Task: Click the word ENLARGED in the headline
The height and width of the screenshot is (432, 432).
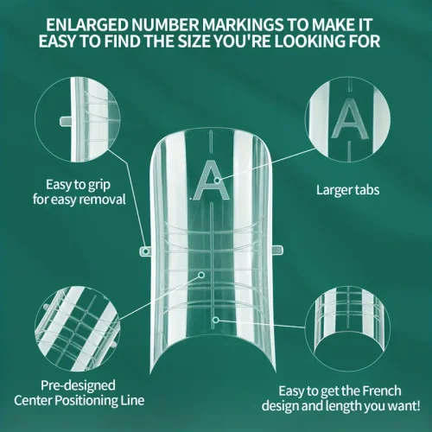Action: (87, 25)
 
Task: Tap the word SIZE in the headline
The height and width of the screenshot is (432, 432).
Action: (194, 41)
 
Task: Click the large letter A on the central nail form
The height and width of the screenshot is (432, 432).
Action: (212, 181)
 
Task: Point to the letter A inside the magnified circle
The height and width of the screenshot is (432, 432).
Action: (350, 118)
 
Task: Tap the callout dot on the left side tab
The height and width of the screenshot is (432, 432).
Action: (146, 251)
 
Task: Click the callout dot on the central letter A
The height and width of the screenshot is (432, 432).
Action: (217, 181)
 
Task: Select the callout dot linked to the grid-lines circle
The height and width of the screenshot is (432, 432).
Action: (201, 275)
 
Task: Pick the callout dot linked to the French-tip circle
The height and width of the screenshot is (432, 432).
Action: (216, 320)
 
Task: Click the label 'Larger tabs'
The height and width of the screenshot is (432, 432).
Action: (347, 190)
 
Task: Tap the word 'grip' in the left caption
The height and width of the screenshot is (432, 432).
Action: (99, 185)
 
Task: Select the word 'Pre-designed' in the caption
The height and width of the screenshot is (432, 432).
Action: (78, 386)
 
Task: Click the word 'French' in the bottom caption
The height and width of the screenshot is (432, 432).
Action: (382, 391)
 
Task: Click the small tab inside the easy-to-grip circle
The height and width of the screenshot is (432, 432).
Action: (66, 121)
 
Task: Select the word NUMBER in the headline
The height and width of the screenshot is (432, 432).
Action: (165, 25)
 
